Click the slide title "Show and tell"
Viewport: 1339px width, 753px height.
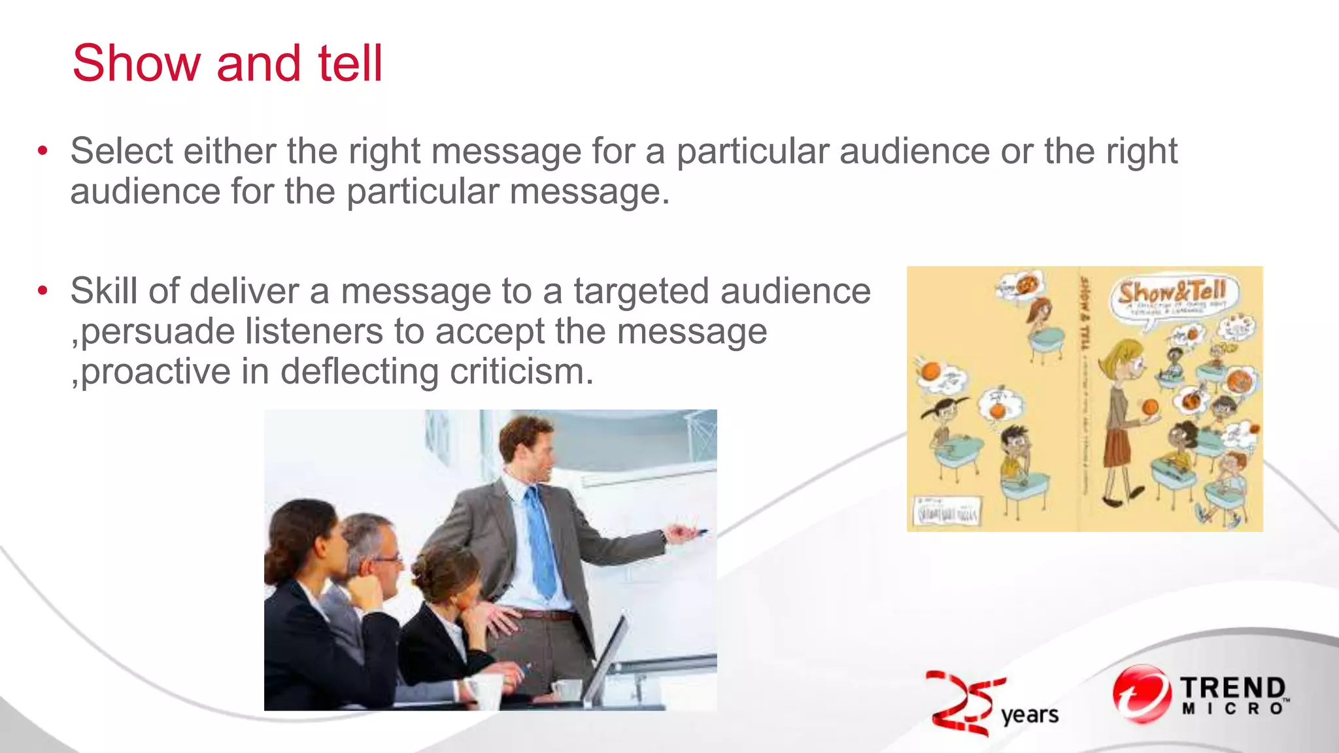227,63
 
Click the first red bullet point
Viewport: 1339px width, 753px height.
42,152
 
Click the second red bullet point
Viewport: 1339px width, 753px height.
42,291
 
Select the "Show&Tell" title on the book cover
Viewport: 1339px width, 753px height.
1170,292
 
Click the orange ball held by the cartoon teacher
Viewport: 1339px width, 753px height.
1149,407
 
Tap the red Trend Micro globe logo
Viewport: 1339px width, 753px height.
1142,695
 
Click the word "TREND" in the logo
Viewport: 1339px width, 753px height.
1232,688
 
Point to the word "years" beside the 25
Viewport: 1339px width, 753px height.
1029,715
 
